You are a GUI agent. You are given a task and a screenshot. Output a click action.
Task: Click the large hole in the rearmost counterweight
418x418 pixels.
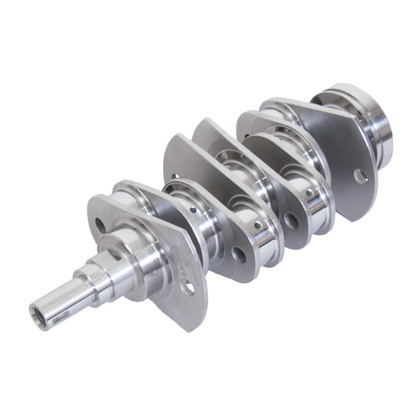pyautogui.click(x=362, y=176)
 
